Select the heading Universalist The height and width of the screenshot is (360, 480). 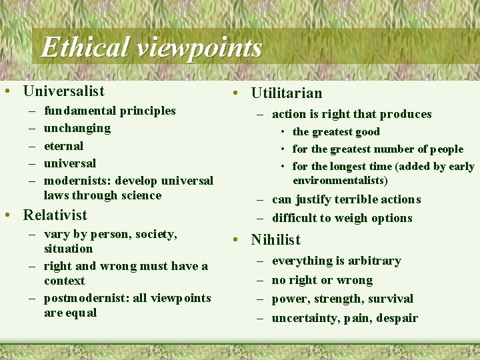pyautogui.click(x=63, y=91)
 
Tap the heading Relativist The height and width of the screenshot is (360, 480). pyautogui.click(x=55, y=215)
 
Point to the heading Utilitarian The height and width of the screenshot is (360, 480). pyautogui.click(x=286, y=93)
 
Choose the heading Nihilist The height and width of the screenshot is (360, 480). pyautogui.click(x=275, y=239)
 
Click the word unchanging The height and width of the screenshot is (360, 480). pyautogui.click(x=77, y=128)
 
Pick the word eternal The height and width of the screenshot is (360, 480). pyautogui.click(x=63, y=145)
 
